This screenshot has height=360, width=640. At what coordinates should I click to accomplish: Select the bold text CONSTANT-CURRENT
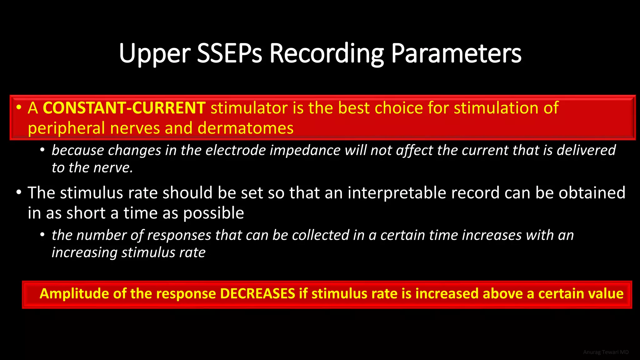pyautogui.click(x=124, y=108)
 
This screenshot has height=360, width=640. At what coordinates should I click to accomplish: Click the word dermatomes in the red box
pyautogui.click(x=245, y=128)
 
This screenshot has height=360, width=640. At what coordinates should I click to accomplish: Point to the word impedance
pyautogui.click(x=305, y=150)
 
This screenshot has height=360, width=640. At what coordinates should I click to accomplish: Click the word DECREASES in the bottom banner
pyautogui.click(x=257, y=294)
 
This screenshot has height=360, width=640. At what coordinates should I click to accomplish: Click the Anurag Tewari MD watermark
pyautogui.click(x=606, y=352)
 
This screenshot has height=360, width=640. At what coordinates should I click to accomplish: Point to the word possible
pyautogui.click(x=213, y=213)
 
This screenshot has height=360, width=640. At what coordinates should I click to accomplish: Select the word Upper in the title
pyautogui.click(x=155, y=54)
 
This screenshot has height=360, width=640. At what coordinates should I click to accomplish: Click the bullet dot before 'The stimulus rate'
pyautogui.click(x=19, y=192)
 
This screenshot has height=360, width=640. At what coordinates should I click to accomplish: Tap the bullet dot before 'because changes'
pyautogui.click(x=43, y=150)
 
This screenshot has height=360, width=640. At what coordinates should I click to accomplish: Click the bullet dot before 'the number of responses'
pyautogui.click(x=43, y=235)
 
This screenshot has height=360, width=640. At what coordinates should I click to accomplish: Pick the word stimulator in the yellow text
pyautogui.click(x=249, y=108)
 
